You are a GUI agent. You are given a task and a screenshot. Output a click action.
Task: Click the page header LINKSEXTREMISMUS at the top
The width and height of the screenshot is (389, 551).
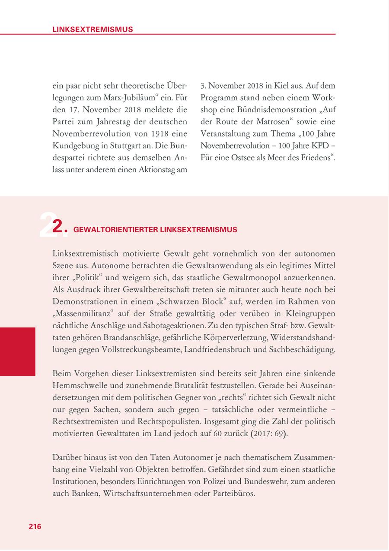[x=92, y=29]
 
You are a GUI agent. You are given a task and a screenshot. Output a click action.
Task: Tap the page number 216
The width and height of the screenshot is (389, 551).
[x=35, y=526]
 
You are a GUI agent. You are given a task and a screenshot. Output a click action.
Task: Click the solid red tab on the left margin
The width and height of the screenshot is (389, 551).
[x=18, y=351]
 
